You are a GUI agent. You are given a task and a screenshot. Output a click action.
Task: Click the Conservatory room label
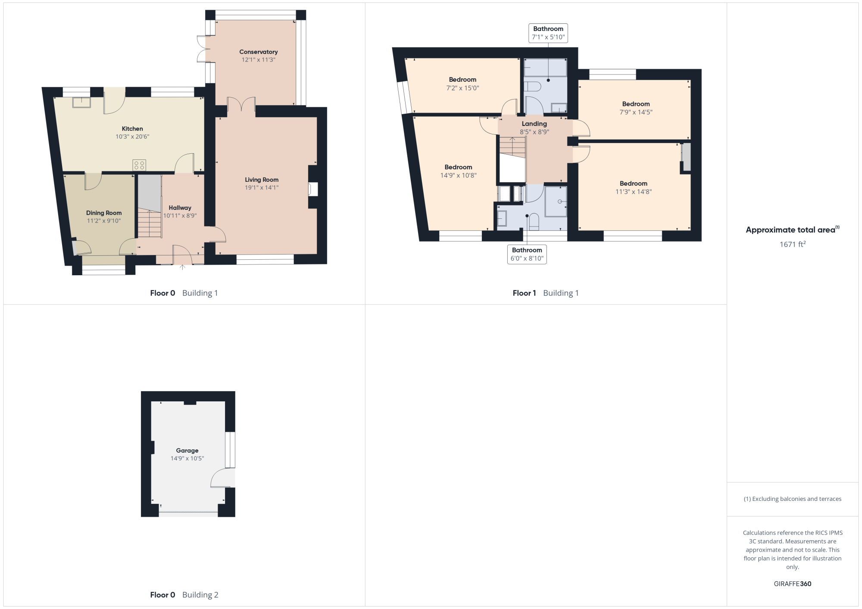259,52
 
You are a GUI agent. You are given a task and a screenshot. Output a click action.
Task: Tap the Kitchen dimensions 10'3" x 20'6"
132,137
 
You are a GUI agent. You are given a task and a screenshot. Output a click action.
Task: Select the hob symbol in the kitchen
139,165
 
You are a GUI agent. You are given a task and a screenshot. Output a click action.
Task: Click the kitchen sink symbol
81,103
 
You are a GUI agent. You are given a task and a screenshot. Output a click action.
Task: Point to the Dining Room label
104,213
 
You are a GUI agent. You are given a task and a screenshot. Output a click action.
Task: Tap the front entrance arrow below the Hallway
182,267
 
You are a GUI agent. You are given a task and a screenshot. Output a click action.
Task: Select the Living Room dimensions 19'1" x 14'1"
262,187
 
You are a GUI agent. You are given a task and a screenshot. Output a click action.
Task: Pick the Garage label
187,451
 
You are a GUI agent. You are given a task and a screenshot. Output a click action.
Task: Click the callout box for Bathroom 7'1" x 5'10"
548,33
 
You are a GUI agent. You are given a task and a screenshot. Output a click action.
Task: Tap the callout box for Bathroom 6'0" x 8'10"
527,254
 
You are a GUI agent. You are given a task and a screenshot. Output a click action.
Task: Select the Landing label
534,124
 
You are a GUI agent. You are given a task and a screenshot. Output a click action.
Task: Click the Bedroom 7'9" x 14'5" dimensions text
636,112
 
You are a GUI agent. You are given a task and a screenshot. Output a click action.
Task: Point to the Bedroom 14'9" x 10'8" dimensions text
459,175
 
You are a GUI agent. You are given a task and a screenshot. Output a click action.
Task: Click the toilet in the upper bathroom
532,86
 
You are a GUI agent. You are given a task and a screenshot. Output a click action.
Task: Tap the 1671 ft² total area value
793,244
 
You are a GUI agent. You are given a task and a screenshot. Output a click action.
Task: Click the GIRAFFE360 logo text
793,584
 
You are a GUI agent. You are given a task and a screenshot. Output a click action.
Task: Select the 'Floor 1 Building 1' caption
546,293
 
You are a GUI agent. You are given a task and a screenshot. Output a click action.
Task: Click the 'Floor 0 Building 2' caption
184,595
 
